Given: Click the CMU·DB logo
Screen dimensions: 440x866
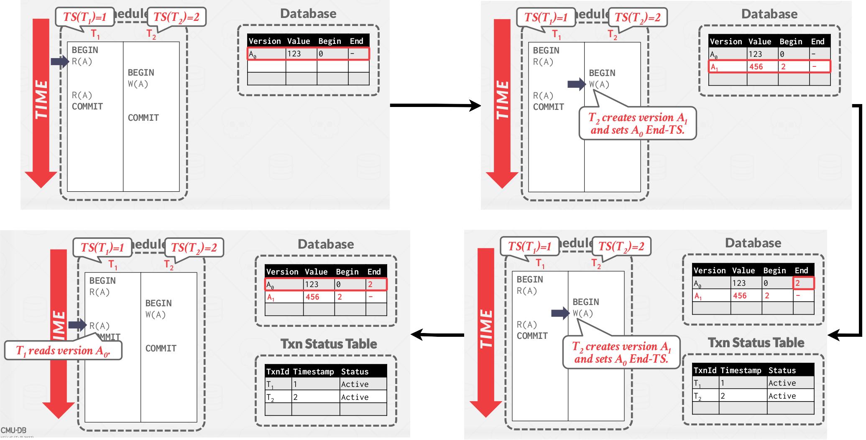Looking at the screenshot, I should [13, 430].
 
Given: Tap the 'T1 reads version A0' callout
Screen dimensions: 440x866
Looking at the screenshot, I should [63, 351].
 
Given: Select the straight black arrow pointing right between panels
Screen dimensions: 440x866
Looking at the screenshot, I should [435, 105].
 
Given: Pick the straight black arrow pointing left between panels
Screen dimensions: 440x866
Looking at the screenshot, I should [437, 334].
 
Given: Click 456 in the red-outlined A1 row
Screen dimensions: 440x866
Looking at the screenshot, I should [756, 67].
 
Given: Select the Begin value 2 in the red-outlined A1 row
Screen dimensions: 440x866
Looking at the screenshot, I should [783, 67].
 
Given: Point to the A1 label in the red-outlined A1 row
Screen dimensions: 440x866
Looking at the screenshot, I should [714, 67].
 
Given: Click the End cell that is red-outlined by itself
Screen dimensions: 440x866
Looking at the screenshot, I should [803, 283].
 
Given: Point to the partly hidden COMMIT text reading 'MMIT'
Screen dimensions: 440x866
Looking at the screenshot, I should [110, 336].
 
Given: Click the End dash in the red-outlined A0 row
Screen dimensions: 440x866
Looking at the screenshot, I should [353, 54].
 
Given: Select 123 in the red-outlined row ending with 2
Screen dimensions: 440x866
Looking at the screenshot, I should [312, 285].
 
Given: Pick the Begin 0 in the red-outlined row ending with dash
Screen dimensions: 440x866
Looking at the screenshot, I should [321, 54].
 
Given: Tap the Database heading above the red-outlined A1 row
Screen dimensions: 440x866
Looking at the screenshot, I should [769, 14].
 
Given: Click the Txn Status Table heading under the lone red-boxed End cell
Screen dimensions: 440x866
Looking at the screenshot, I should [756, 343].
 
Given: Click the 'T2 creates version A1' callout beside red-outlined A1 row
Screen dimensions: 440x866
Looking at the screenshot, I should [637, 124].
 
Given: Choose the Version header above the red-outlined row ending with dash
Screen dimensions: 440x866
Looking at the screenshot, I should [265, 41].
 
